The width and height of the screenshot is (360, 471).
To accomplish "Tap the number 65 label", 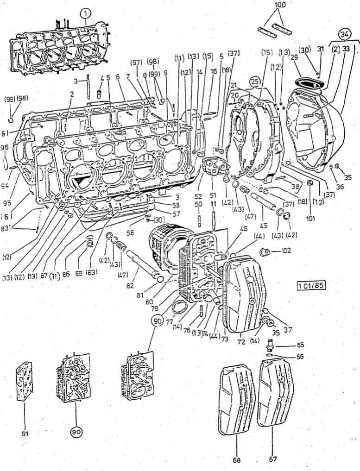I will (301, 345).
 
